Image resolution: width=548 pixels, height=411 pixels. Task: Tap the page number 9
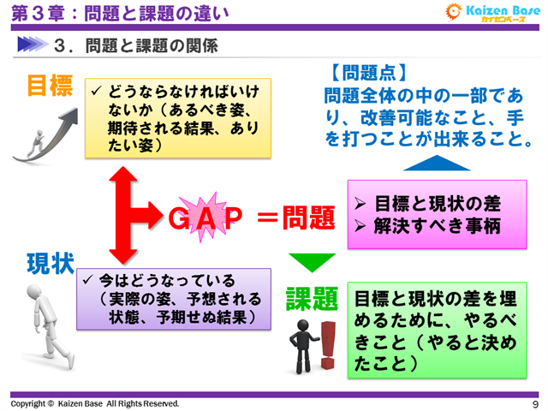(x=535, y=403)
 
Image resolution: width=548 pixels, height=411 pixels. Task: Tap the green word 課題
(x=313, y=299)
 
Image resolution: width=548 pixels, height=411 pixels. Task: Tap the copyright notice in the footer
(x=95, y=402)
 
